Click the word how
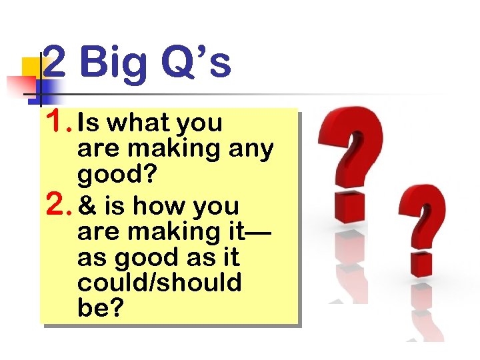157,207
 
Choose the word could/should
159,283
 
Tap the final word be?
100,308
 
